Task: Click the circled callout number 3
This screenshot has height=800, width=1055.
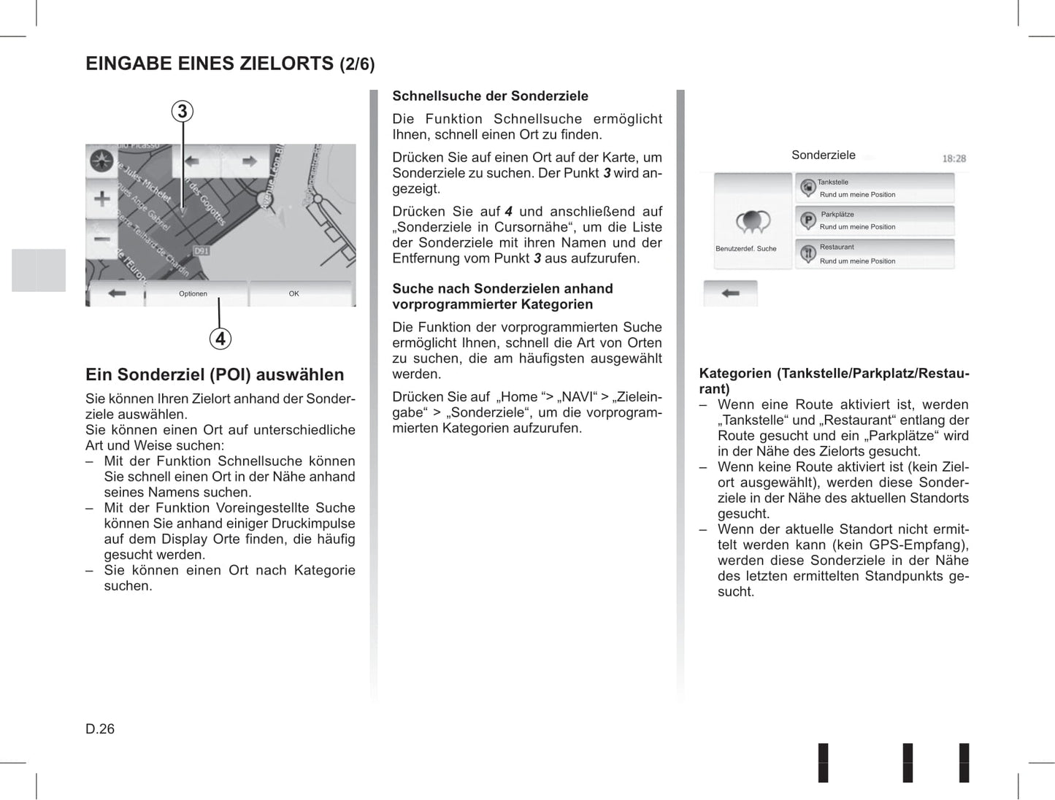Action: pos(183,112)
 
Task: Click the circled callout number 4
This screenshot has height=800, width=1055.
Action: pos(220,339)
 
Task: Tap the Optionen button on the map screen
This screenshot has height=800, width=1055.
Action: pos(193,293)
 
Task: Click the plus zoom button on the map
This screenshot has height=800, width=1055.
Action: pos(102,199)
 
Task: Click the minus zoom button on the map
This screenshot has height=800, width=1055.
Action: pos(102,238)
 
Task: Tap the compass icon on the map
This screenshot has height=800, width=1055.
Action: pos(101,160)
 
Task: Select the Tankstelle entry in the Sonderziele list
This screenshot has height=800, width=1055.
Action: pos(875,188)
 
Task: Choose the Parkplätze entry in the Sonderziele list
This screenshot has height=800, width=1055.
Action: pos(875,220)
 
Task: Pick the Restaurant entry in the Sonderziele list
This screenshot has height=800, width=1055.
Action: pos(875,254)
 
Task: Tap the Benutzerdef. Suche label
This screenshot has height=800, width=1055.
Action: pos(746,249)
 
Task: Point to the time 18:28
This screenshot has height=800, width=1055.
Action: pos(954,158)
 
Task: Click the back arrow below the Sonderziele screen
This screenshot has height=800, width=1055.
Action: pos(730,293)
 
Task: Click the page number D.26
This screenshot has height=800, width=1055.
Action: pos(100,728)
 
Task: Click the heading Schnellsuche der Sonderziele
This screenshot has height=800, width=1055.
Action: pos(490,96)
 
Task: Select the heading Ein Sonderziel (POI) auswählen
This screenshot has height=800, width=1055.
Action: pos(215,374)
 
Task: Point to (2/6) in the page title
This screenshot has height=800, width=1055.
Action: pos(357,64)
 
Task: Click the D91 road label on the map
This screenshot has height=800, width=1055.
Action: pos(202,250)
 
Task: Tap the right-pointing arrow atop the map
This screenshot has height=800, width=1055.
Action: pos(249,161)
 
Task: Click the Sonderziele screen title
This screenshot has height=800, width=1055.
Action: pos(823,155)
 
